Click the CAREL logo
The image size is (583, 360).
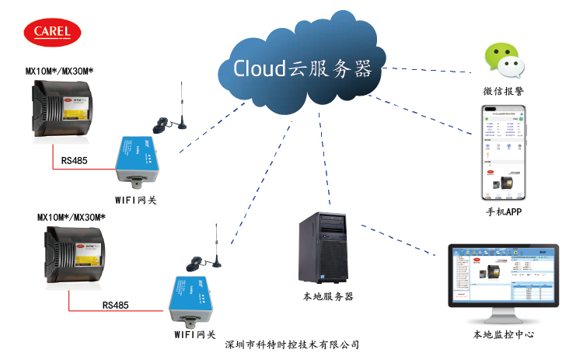[x=52, y=32]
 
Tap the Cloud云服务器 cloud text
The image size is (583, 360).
[x=302, y=68]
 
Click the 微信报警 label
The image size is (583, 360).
[x=503, y=92]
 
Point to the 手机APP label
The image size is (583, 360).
[x=503, y=211]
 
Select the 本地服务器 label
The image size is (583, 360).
[x=327, y=296]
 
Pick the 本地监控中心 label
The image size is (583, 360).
[x=503, y=335]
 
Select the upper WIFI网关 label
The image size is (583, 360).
[x=137, y=199]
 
